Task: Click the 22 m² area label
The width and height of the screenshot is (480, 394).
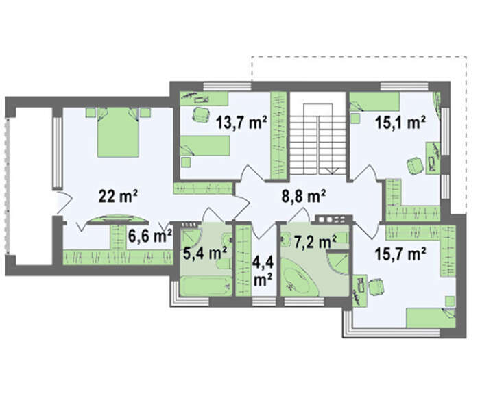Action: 118,196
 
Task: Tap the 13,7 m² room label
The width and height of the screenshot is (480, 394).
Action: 241,123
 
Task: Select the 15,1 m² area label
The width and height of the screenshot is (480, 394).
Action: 400,123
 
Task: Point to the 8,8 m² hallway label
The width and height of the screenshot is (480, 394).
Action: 303,196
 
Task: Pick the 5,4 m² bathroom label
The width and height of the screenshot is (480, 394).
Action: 205,253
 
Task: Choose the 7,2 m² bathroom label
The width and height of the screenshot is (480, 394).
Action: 315,243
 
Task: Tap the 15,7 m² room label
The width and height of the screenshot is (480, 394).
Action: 400,254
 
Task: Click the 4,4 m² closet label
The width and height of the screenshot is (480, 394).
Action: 263,271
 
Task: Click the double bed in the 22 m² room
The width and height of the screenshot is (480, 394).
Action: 118,132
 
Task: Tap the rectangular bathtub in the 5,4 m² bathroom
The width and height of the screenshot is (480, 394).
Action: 206,286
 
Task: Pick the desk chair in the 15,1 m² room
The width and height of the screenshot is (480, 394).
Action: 416,165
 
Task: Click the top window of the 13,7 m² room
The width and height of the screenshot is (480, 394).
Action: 228,86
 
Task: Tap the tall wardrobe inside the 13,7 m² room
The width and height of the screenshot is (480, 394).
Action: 278,135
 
